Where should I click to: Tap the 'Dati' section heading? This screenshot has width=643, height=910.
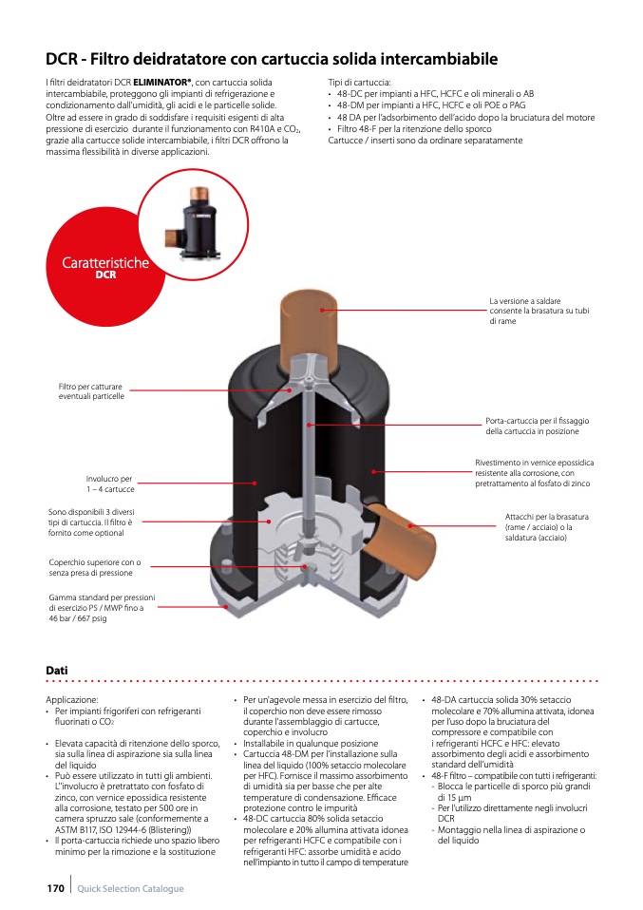57,671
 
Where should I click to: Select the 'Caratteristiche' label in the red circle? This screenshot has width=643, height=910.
105,263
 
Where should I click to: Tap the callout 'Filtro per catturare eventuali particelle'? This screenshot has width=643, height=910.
91,391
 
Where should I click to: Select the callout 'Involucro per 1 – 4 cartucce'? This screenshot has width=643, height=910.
109,483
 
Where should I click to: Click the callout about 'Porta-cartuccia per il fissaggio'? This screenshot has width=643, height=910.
537,426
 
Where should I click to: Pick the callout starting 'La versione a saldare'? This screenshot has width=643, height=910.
539,312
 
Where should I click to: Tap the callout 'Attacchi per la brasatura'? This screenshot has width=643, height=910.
546,526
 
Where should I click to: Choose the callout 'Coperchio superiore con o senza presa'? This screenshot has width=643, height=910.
94,568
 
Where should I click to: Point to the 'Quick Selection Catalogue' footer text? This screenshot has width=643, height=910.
130,888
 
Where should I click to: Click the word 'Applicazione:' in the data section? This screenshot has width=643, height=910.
71,700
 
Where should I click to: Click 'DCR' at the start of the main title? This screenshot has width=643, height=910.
62,59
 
